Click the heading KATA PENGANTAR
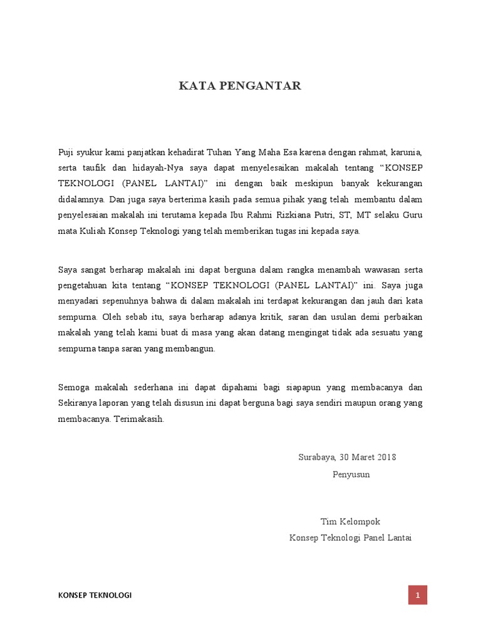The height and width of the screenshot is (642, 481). click(240, 86)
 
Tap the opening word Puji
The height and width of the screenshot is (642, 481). click(66, 152)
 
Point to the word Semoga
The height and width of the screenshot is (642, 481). click(73, 387)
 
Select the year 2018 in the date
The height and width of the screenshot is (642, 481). click(386, 457)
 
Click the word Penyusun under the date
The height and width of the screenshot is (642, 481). click(351, 474)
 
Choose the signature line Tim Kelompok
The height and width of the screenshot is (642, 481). click(350, 522)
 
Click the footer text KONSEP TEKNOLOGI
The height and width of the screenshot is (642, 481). click(95, 595)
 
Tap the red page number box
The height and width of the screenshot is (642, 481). click(418, 595)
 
